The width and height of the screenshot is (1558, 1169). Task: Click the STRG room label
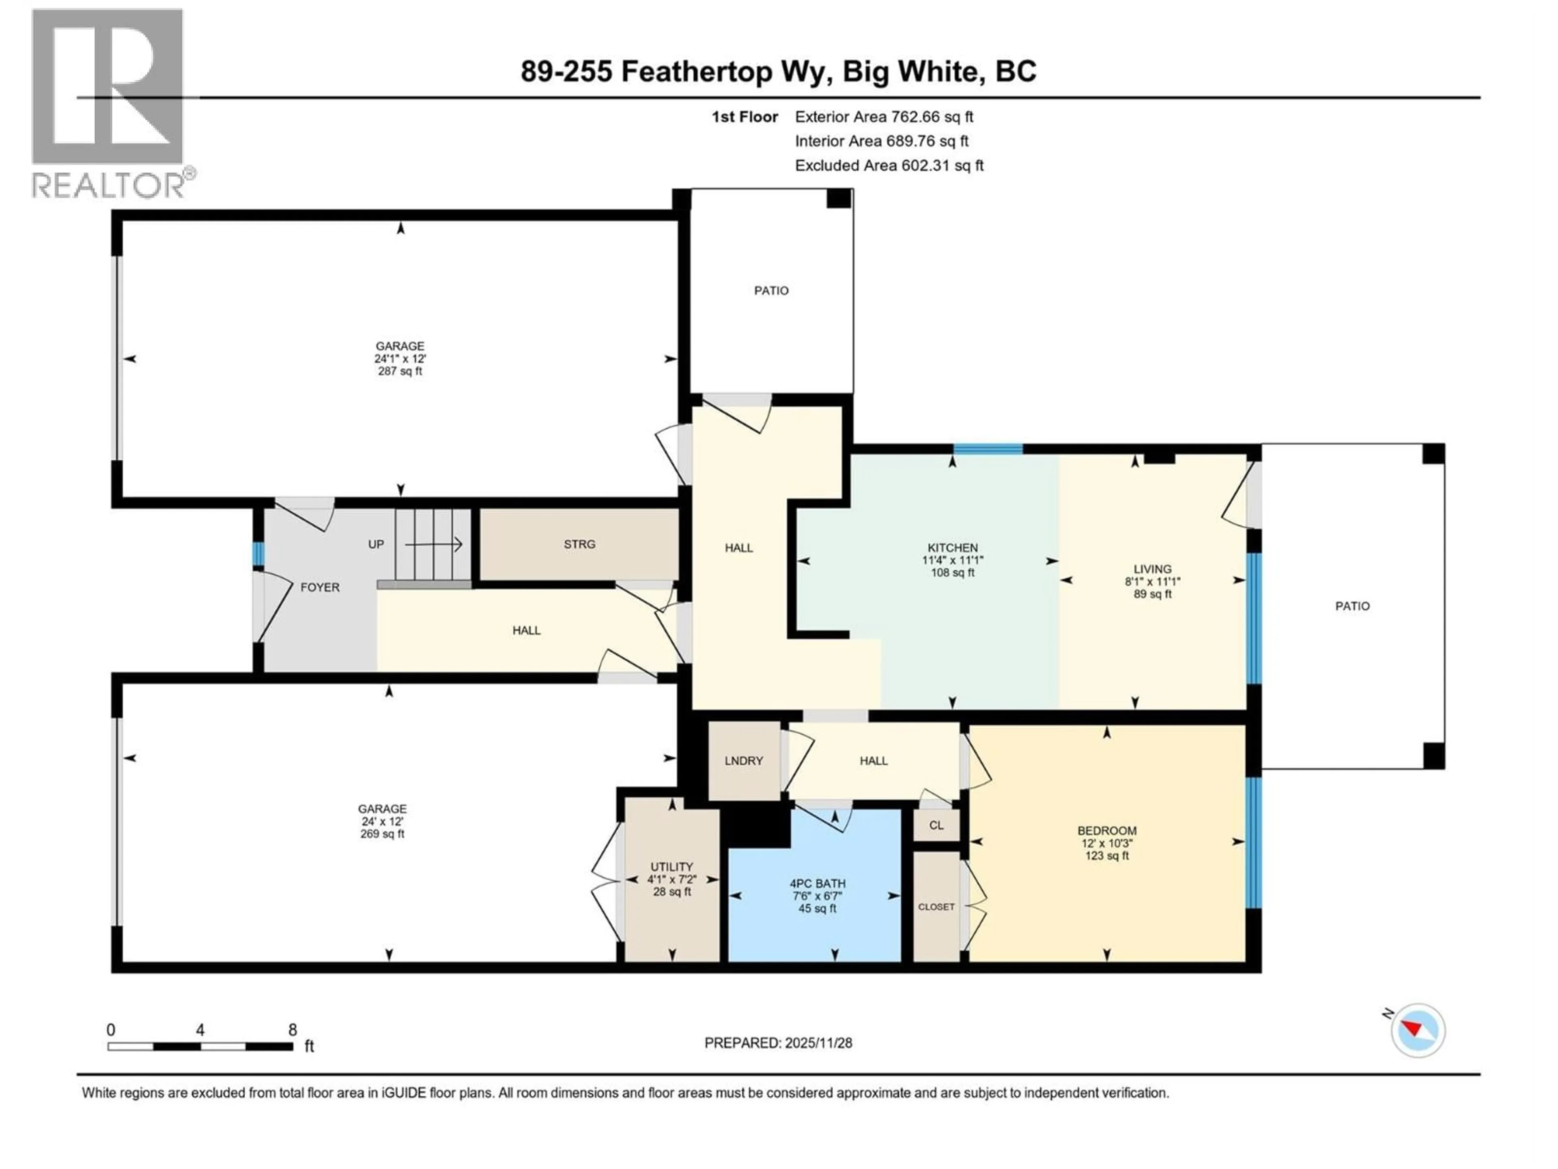click(579, 544)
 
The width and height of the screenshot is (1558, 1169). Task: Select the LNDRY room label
click(744, 760)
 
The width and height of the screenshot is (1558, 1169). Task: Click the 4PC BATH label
click(817, 883)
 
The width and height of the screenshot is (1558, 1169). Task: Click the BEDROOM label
click(1106, 831)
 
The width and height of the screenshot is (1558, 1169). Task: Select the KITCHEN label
click(952, 548)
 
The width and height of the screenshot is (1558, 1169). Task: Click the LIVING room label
click(1152, 569)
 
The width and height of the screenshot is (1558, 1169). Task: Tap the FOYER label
click(320, 587)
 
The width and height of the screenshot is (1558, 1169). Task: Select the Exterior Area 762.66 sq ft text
click(884, 117)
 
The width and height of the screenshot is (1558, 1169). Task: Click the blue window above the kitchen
click(988, 449)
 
